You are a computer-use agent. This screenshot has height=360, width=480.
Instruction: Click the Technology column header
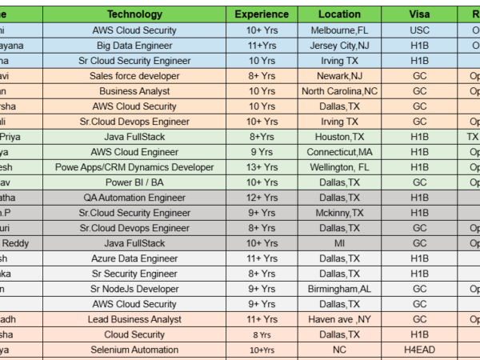134,14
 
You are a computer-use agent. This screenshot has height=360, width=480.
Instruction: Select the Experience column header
262,14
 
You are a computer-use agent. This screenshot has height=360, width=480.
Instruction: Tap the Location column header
339,14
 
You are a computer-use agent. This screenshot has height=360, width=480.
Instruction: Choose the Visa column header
419,14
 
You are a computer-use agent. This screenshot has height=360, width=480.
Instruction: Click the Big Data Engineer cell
134,46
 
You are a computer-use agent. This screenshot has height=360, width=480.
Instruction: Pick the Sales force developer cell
134,76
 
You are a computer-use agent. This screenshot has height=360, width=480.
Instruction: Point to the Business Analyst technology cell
134,91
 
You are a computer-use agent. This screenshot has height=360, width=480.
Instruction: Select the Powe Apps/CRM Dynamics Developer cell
134,167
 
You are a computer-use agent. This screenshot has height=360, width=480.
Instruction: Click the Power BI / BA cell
134,182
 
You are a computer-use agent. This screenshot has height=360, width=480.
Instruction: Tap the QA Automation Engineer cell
134,198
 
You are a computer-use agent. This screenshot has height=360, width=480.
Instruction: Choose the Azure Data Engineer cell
134,258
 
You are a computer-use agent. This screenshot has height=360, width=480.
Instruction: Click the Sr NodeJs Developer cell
134,289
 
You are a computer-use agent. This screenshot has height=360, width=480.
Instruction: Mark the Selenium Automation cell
134,350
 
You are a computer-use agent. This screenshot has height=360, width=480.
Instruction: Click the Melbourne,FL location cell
339,30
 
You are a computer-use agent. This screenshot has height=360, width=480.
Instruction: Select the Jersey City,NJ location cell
339,46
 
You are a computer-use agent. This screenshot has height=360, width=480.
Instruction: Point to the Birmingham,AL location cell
339,289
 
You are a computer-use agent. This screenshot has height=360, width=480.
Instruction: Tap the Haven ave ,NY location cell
339,319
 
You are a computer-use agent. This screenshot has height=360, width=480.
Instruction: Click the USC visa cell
419,30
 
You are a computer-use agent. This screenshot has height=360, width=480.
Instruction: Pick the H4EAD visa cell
419,350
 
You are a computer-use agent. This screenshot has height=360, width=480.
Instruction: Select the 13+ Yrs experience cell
262,167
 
